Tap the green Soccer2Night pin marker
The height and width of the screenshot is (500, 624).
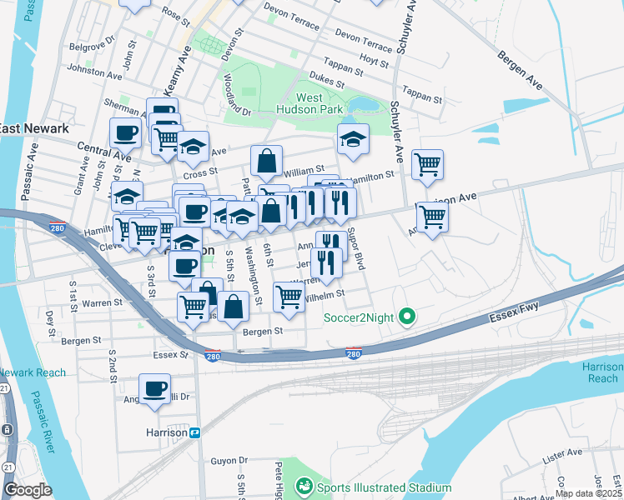tap(407, 316)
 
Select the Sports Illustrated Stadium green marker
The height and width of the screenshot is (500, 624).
tap(304, 486)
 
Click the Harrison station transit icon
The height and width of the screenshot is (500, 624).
tap(195, 432)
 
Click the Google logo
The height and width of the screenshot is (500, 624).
tap(28, 489)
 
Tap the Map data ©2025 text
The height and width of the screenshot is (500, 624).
tap(588, 493)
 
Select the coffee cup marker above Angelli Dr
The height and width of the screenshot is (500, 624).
tap(154, 388)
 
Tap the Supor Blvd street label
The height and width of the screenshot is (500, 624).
tap(356, 249)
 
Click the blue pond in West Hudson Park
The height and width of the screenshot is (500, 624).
tap(363, 104)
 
